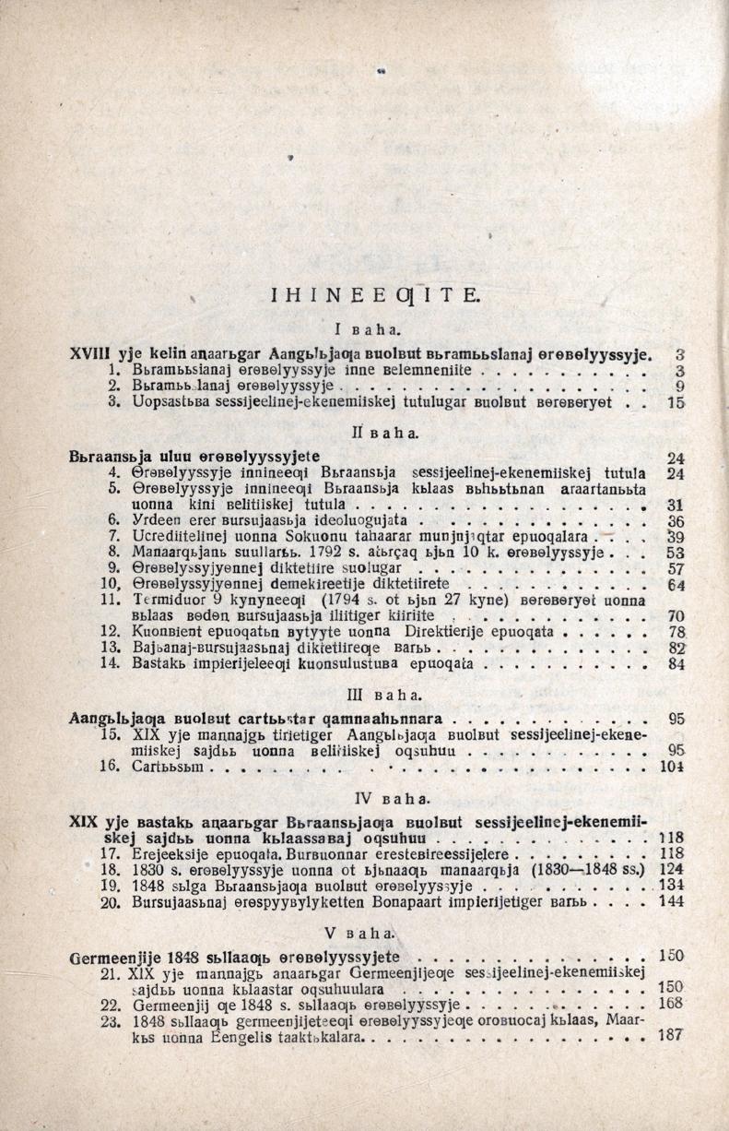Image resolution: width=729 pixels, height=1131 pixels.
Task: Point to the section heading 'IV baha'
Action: [371, 796]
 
